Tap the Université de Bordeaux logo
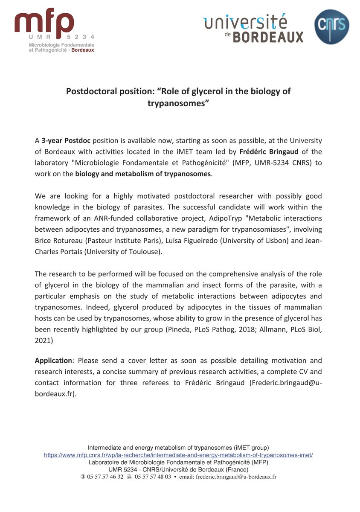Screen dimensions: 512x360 [253, 28]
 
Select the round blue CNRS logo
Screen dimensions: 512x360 [332, 27]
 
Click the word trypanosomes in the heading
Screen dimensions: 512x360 [178, 103]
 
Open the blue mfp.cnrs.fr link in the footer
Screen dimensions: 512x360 [178, 455]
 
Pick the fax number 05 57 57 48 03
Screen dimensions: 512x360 [153, 477]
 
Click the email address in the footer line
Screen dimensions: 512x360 [236, 477]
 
